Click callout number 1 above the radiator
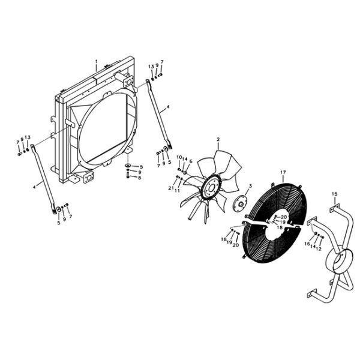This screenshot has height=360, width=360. tap(97, 61)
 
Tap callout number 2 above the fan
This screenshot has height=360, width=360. tap(218, 139)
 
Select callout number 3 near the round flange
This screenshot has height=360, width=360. tap(250, 186)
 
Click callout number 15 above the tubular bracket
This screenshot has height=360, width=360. tap(335, 193)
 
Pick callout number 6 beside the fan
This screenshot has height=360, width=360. tap(191, 161)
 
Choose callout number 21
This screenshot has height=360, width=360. tap(170, 189)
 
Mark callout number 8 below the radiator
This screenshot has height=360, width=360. tap(139, 178)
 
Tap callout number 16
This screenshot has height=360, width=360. tap(307, 244)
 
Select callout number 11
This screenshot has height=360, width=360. tap(177, 190)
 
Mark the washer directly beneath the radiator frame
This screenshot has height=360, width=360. tap(128, 166)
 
